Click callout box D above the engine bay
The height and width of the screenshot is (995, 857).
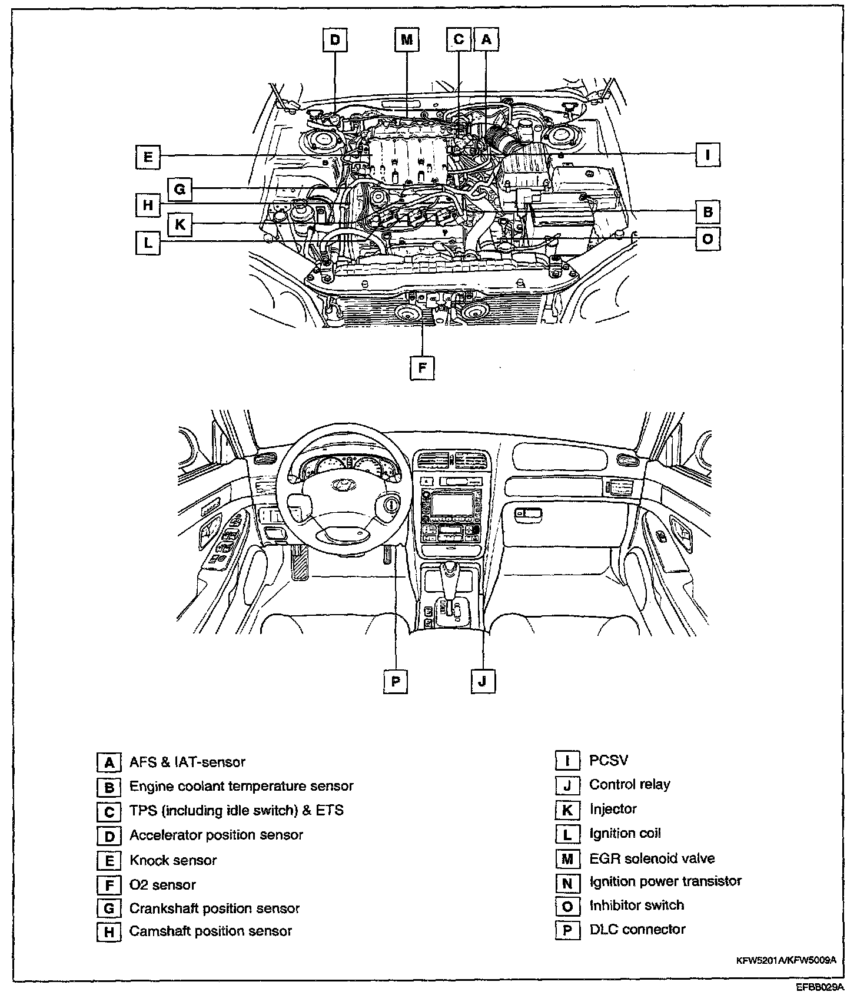point(334,41)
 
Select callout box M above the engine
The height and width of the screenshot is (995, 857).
point(407,41)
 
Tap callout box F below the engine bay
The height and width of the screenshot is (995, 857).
point(422,369)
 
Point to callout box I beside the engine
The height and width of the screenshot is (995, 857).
point(707,155)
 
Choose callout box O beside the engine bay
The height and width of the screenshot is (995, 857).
point(707,240)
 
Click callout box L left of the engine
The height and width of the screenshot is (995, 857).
point(148,242)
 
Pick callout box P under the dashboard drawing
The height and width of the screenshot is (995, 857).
point(395,682)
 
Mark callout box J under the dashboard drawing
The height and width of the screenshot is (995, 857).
point(483,682)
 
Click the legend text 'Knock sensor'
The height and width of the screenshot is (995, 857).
point(173,860)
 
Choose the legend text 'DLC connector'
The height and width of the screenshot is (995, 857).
point(637,930)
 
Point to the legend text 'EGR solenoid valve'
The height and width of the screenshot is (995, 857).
point(652,858)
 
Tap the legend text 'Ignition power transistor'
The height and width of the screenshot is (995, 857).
point(665,881)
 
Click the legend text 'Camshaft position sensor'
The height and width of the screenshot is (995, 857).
point(211,931)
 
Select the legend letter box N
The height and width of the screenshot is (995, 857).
point(567,883)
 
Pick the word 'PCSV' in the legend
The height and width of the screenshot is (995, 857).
point(609,760)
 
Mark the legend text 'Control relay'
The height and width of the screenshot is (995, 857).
point(630,784)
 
